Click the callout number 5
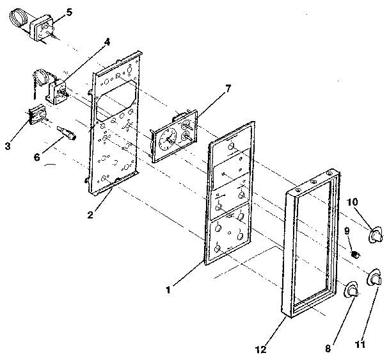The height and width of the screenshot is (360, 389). click(x=70, y=12)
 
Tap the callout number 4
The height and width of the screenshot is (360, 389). click(x=107, y=43)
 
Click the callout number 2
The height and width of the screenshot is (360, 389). click(x=90, y=215)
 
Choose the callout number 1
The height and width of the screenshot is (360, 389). click(x=167, y=290)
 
